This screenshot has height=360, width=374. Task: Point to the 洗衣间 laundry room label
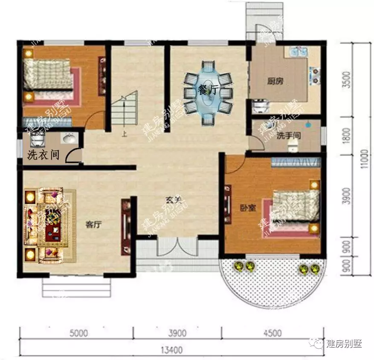[43, 154]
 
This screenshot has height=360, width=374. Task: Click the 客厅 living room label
[95, 225]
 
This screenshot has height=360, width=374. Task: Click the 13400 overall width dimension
[172, 351]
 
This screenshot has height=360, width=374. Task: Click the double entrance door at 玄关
[177, 247]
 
